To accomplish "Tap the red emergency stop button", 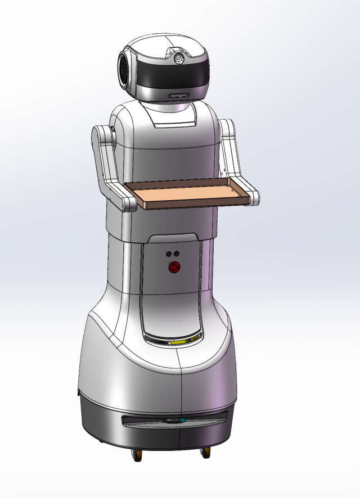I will coord(174,268).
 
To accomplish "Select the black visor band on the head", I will coord(169,75).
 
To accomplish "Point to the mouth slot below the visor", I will coord(179,96).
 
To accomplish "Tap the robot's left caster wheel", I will coord(137,455).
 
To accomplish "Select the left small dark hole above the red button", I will coord(169,254).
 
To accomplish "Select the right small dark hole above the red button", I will coord(177,254).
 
